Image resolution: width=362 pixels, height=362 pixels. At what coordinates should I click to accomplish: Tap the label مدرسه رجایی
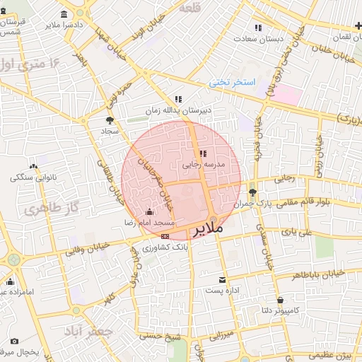point(204,163)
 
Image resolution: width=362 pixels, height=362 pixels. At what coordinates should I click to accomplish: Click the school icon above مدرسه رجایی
point(203,153)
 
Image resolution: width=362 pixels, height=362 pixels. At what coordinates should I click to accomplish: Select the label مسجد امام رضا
point(150,222)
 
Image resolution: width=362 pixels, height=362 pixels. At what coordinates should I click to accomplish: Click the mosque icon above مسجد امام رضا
point(148,212)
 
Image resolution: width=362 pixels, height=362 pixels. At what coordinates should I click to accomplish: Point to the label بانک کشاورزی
point(165,247)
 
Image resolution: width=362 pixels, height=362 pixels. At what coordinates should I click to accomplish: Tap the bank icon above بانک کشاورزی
point(165,236)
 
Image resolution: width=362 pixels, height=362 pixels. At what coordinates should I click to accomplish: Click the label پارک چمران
point(275,204)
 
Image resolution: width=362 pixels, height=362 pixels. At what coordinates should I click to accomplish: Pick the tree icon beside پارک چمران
point(252,192)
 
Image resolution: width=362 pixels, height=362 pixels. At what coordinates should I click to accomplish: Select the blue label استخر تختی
point(231,83)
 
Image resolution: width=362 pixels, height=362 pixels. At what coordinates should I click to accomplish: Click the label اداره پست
point(223,290)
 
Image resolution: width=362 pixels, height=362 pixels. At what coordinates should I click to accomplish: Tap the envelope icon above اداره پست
point(223,280)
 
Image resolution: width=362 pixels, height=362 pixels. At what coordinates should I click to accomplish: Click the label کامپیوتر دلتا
point(279,310)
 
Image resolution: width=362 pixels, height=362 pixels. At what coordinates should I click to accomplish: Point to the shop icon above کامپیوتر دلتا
point(280,300)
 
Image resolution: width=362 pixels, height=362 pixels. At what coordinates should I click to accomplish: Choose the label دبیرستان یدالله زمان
point(178,110)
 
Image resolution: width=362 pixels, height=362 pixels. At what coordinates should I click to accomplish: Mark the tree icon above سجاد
point(110,120)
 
